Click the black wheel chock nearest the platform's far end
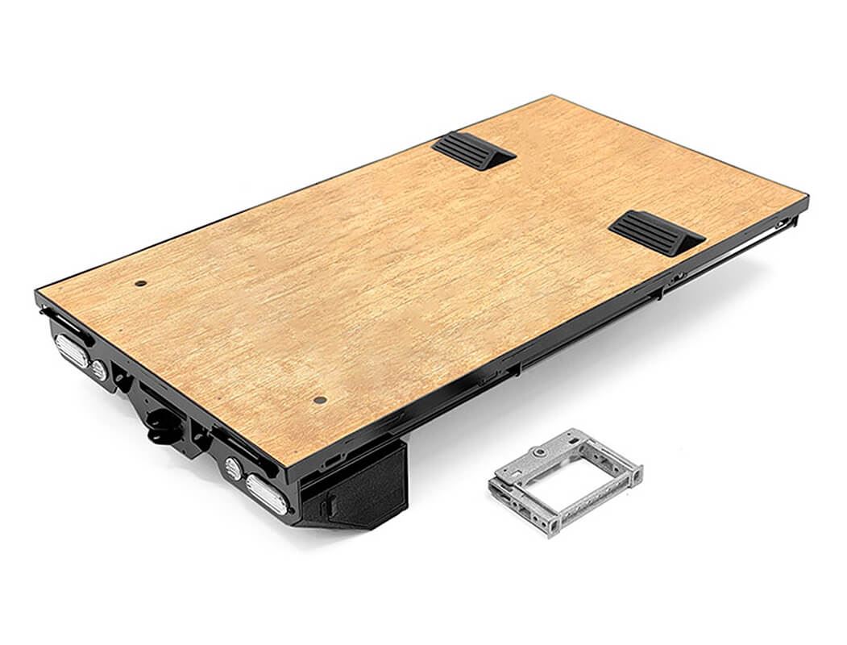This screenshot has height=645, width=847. click(x=473, y=151)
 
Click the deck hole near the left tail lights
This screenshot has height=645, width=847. click(x=140, y=283)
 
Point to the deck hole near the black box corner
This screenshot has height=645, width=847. click(x=320, y=400)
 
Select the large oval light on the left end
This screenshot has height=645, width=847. click(x=71, y=351)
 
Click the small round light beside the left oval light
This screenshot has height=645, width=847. click(x=99, y=370)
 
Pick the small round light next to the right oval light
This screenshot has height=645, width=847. click(x=233, y=468)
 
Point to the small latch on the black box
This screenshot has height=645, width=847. click(x=330, y=507)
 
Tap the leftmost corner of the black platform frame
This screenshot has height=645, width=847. click(x=37, y=293)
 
